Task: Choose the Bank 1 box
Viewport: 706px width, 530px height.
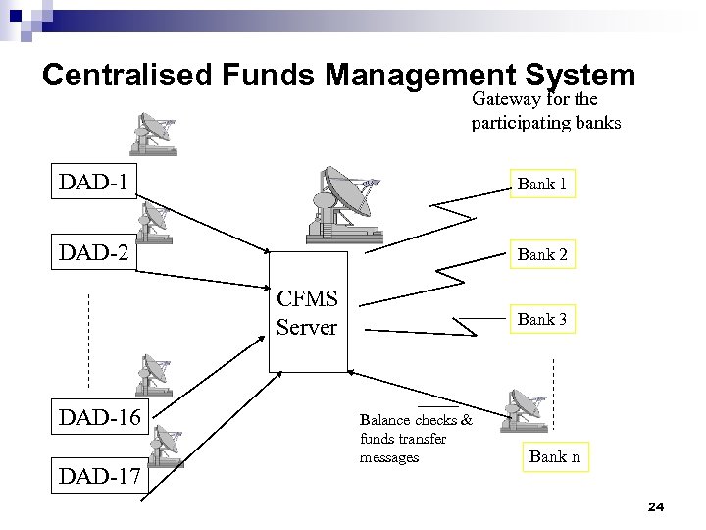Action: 542,184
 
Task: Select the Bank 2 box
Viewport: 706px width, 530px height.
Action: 542,254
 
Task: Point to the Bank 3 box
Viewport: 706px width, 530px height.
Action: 542,319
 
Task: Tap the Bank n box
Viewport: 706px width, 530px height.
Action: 554,456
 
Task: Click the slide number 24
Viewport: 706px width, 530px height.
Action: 656,506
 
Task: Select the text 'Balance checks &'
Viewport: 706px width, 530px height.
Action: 416,420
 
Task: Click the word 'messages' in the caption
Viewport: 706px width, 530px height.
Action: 389,457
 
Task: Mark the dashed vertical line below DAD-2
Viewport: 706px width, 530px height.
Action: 89,339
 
